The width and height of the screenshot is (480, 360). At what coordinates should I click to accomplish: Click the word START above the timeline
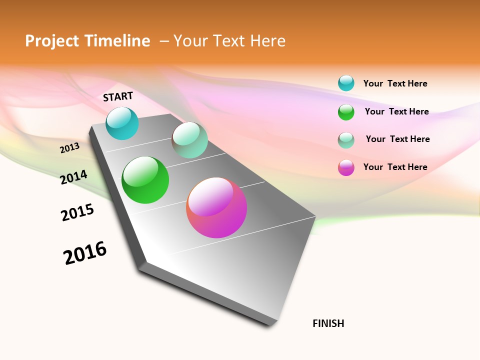pyautogui.click(x=118, y=96)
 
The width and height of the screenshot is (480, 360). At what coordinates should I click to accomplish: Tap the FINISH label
pyautogui.click(x=328, y=323)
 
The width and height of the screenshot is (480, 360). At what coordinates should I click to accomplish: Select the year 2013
pyautogui.click(x=70, y=148)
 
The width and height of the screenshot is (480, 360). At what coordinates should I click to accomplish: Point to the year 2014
pyautogui.click(x=74, y=177)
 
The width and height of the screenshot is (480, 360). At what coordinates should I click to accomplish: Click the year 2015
pyautogui.click(x=77, y=213)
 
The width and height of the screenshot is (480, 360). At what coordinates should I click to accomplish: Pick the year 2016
pyautogui.click(x=85, y=253)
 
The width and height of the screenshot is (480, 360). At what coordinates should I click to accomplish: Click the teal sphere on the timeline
pyautogui.click(x=122, y=123)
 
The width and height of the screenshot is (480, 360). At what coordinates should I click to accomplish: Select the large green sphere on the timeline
pyautogui.click(x=145, y=180)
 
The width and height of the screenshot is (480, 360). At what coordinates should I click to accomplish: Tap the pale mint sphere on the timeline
pyautogui.click(x=189, y=140)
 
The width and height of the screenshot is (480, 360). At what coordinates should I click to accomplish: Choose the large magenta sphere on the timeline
pyautogui.click(x=216, y=207)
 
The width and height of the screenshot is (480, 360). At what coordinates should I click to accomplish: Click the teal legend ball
pyautogui.click(x=346, y=83)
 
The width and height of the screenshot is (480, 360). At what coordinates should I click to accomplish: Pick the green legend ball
pyautogui.click(x=346, y=112)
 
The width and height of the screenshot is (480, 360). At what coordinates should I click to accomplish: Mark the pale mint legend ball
pyautogui.click(x=346, y=140)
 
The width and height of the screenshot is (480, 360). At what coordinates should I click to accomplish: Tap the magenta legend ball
pyautogui.click(x=346, y=167)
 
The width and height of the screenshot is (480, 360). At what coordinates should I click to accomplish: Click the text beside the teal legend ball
pyautogui.click(x=395, y=83)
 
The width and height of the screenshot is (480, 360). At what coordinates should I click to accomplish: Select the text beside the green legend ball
pyautogui.click(x=396, y=111)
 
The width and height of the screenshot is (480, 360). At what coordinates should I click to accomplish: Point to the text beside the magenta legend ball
pyautogui.click(x=395, y=167)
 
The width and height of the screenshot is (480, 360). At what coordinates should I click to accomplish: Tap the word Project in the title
pyautogui.click(x=52, y=41)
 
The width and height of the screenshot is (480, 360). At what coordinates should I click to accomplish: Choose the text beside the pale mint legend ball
pyautogui.click(x=397, y=139)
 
